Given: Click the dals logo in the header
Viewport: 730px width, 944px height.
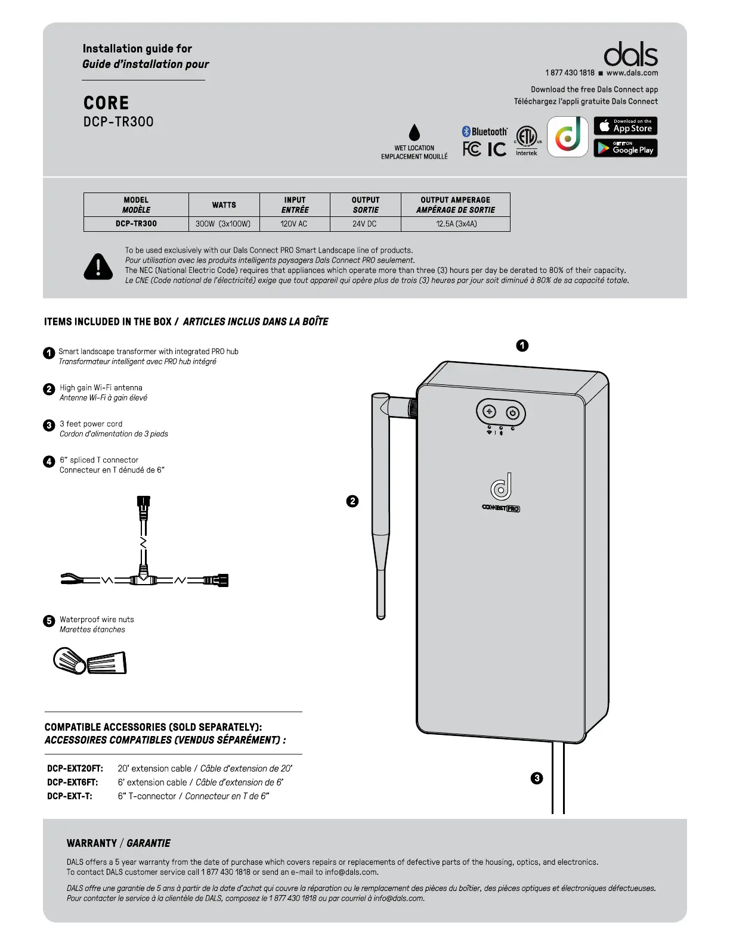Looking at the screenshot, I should pos(630,55).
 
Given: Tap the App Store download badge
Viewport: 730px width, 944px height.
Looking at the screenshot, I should pos(625,126).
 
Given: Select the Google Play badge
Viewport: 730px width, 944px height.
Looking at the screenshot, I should pos(625,148).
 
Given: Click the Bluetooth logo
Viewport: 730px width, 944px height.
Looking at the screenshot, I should pos(484,132).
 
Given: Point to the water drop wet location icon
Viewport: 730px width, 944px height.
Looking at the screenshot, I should pos(415,132).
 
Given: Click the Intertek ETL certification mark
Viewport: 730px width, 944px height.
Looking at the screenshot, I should pos(527,141).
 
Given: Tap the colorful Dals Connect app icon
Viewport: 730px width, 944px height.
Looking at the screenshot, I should pos(568,137).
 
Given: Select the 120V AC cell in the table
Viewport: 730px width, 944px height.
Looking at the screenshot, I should pos(294,224).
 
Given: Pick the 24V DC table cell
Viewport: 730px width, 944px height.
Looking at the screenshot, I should pos(364,224).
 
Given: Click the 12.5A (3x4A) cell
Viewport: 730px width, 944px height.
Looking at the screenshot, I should pos(456,224).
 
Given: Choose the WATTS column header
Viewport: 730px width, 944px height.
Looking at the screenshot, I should pos(224,205).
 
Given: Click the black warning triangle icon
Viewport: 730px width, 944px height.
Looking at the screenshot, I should pos(98,266).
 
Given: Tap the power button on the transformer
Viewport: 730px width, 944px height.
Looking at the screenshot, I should pos(512,413).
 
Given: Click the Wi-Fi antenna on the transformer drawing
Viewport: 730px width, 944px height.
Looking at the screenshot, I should pos(381,507).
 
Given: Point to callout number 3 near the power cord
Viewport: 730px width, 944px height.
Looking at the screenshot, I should pos(537,778).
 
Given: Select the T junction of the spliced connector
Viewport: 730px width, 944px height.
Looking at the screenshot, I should pos(143,579).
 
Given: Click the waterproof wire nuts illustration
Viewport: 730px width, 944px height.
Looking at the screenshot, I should pos(90,661).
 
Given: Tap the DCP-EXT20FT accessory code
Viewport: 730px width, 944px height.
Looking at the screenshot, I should pos(75,769).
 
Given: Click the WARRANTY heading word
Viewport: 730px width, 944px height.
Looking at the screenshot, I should pos(92,843).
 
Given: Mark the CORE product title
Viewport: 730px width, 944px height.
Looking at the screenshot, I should pos(106,103).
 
